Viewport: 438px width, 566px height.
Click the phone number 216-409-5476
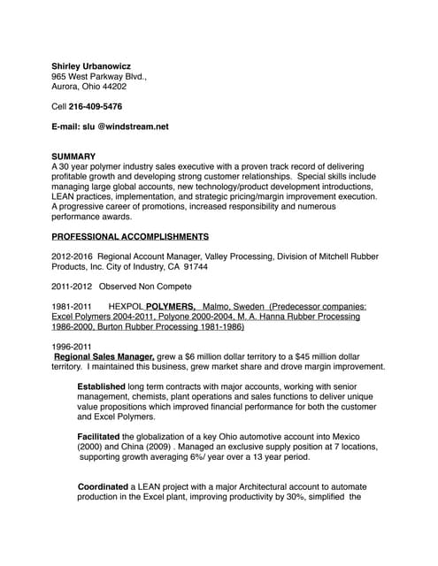coord(96,107)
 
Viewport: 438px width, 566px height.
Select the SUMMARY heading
coord(73,157)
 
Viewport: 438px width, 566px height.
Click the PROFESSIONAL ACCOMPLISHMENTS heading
coord(130,237)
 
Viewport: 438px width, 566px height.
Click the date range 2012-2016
coord(70,256)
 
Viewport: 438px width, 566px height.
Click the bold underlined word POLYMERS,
coord(171,306)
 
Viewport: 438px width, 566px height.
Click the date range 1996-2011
coord(72,347)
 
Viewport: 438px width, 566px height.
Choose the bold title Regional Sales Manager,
coord(104,356)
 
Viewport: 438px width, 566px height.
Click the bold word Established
coord(101,386)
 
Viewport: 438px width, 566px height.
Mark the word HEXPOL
coord(125,306)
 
